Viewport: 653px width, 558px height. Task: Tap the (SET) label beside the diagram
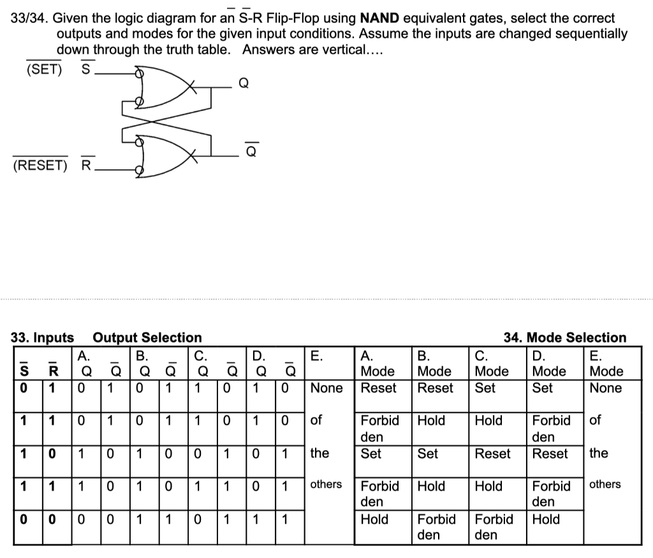click(44, 68)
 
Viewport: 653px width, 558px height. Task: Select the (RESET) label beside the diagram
click(40, 165)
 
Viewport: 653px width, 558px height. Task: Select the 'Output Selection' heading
click(147, 337)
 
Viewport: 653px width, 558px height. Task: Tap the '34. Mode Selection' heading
click(565, 337)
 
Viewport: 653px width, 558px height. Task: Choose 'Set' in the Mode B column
click(427, 453)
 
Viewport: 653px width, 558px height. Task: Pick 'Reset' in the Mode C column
click(492, 453)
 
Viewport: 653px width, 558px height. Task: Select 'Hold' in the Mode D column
click(546, 519)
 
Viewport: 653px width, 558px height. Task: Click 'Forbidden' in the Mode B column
click(436, 527)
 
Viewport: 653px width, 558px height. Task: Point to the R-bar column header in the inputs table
click(54, 371)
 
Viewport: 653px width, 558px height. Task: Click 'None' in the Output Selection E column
click(326, 388)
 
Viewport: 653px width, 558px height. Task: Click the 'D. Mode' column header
click(548, 363)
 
